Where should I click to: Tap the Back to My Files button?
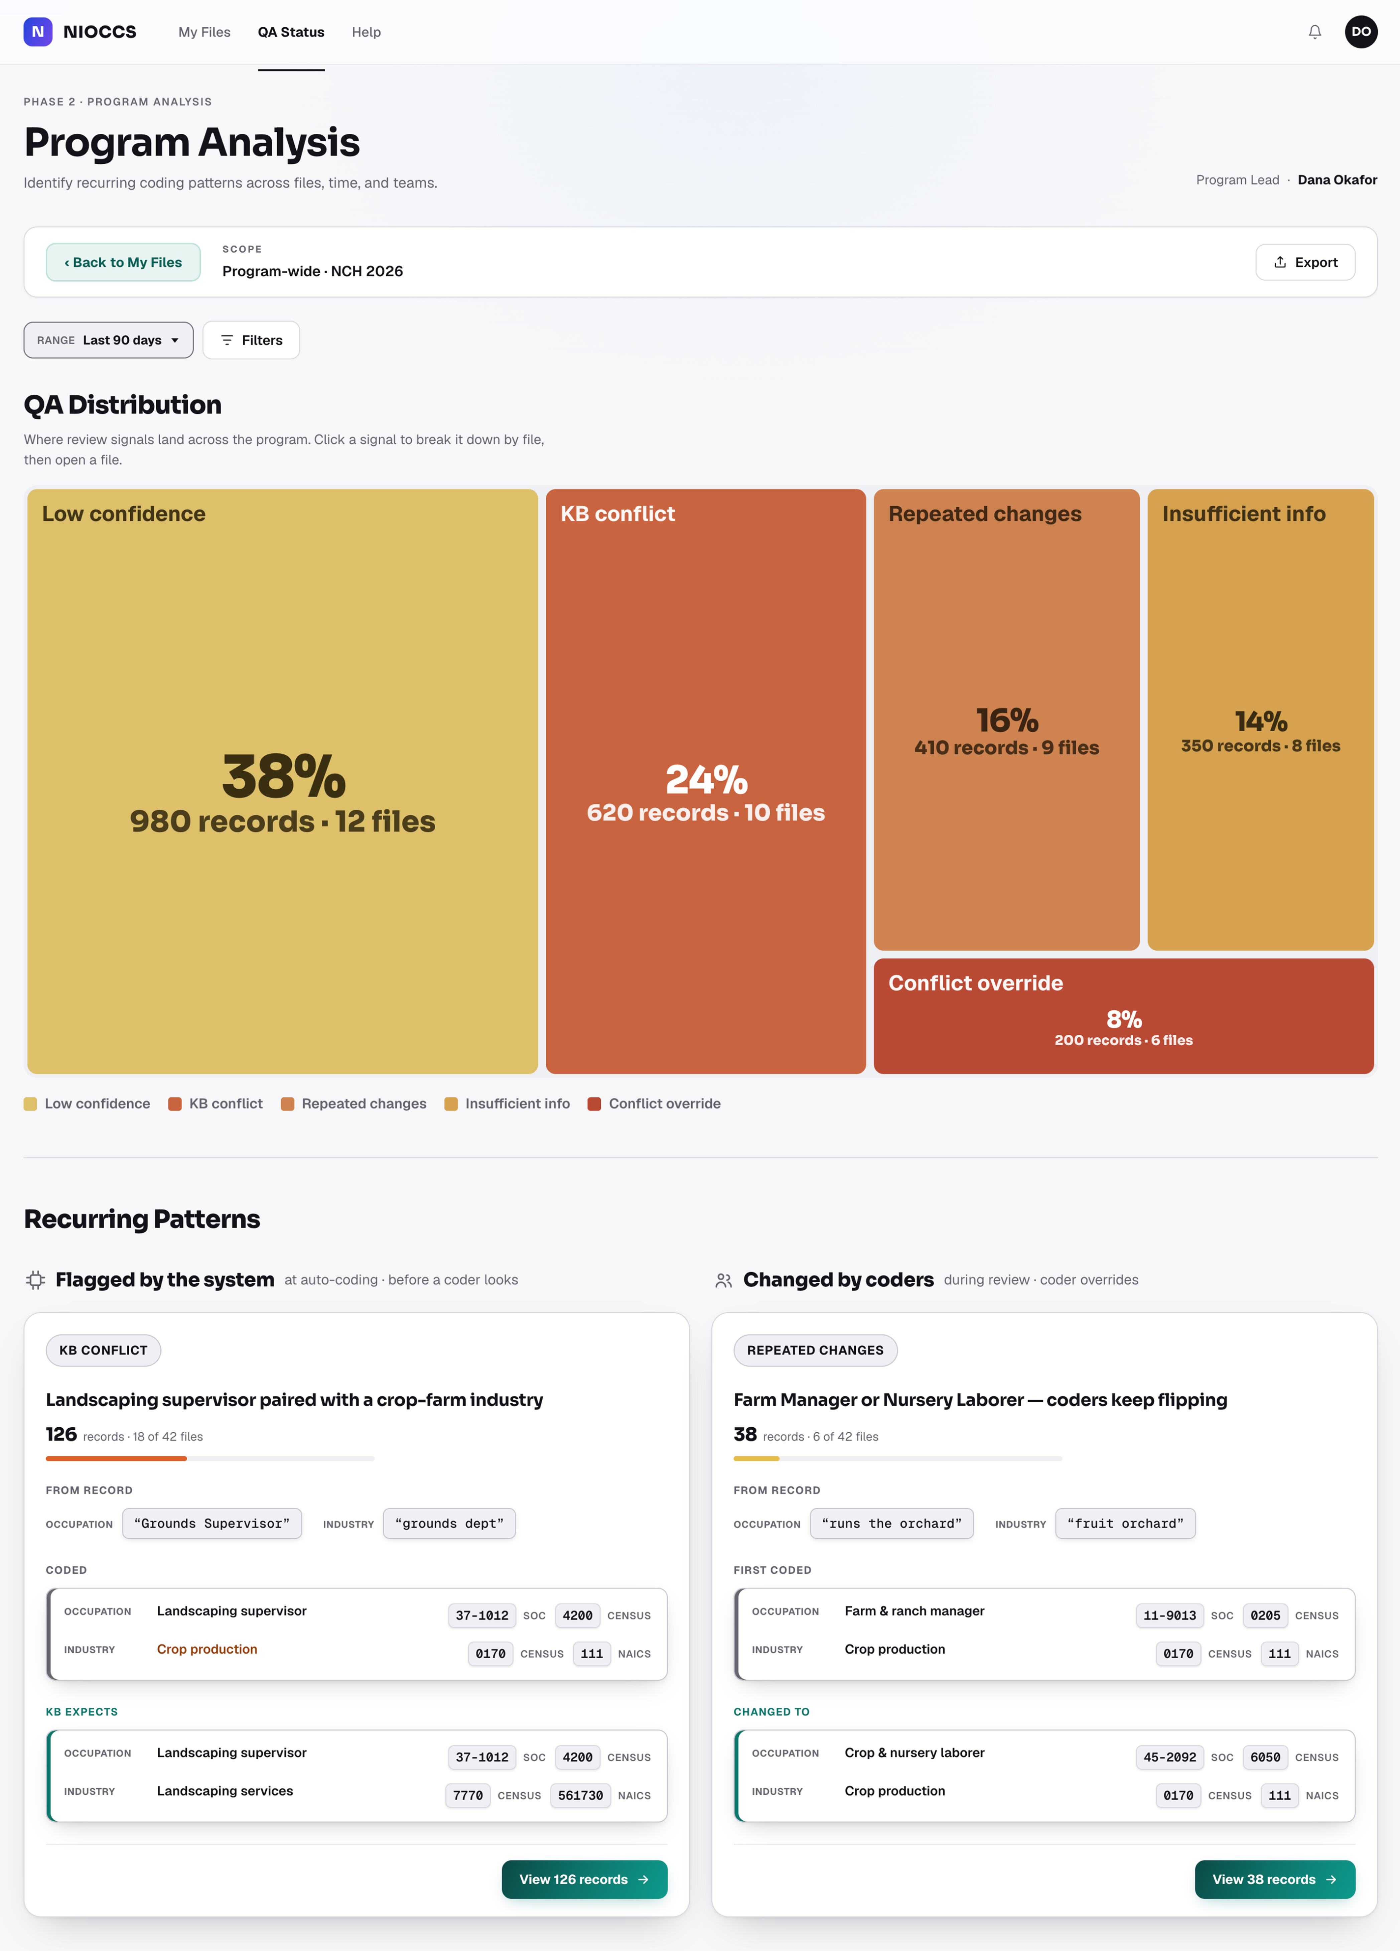point(123,262)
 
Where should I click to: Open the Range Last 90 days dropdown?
point(108,340)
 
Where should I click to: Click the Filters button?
point(251,340)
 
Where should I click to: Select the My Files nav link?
point(205,32)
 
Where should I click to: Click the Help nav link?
point(366,32)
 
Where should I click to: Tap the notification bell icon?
point(1315,32)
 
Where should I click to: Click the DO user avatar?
point(1361,32)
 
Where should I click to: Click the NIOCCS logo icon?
point(38,32)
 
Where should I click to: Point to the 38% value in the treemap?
point(284,776)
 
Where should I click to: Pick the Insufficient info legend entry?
point(507,1104)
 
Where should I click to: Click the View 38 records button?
point(1274,1879)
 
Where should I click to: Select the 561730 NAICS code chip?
point(580,1795)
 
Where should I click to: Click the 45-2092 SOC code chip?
point(1169,1758)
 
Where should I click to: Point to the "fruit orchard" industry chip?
point(1125,1524)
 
